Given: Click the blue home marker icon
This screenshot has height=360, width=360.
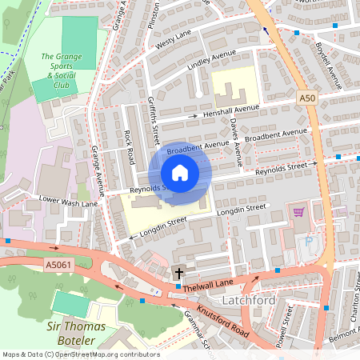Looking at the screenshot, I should (180, 172).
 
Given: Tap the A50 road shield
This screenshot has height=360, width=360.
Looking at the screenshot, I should (308, 98).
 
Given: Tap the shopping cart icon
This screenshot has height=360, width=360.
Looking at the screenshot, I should (299, 212).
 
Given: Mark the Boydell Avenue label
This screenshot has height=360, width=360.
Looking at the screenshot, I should (329, 63).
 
